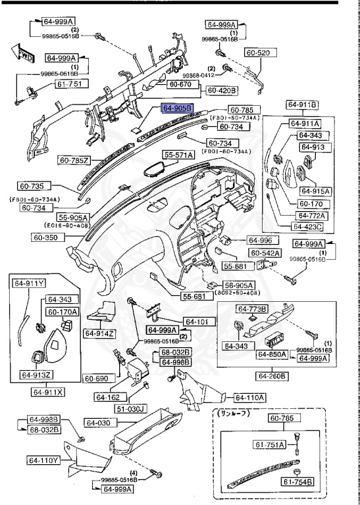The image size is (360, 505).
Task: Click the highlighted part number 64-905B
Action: coord(177,108)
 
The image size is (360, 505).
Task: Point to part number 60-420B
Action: coord(222,90)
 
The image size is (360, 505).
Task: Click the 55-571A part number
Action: coord(179,155)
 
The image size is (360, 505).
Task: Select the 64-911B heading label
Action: coord(302,105)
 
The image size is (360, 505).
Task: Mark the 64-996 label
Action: coord(259,240)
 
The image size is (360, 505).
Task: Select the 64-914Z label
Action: coord(99,333)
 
